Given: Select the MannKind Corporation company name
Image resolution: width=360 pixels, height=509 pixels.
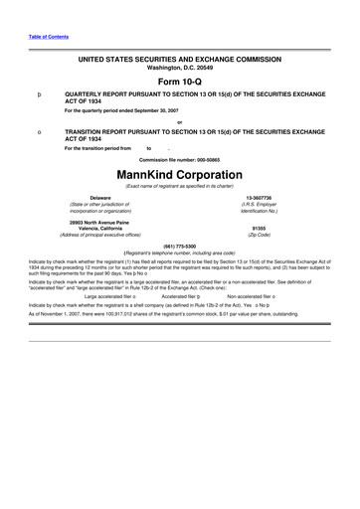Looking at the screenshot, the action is point(179,175).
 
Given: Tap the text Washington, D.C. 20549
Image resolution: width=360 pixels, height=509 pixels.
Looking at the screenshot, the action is point(179,70).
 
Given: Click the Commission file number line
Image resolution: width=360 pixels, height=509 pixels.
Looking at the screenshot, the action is point(179,160).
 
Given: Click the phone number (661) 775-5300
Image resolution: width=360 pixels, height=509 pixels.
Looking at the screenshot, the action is point(179,245).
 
